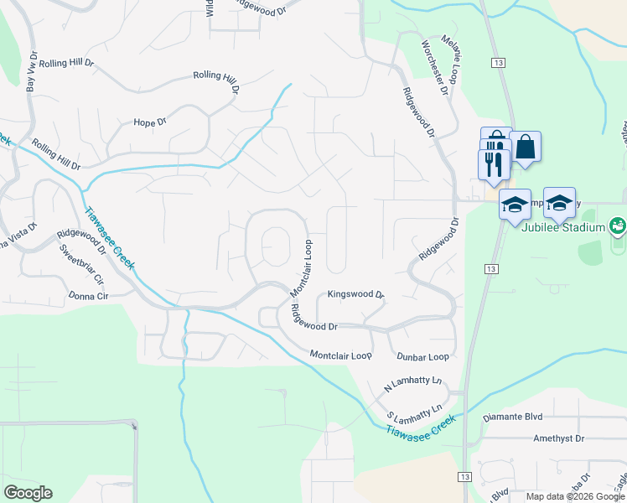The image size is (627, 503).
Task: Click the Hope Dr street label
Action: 150,122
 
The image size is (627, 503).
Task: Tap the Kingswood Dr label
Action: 355,295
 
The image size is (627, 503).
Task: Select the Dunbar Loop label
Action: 422,356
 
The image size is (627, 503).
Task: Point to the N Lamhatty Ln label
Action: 412,385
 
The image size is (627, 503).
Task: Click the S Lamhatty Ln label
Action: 414,412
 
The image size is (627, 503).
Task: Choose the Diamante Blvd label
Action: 513,416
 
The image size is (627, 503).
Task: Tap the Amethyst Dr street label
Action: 558,438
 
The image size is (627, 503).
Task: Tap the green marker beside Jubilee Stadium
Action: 618,226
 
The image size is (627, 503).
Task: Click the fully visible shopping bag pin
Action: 525,148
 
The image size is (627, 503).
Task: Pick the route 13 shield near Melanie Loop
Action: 498,64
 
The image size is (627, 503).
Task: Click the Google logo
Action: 28,492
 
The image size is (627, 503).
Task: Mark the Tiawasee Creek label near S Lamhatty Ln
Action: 422,427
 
